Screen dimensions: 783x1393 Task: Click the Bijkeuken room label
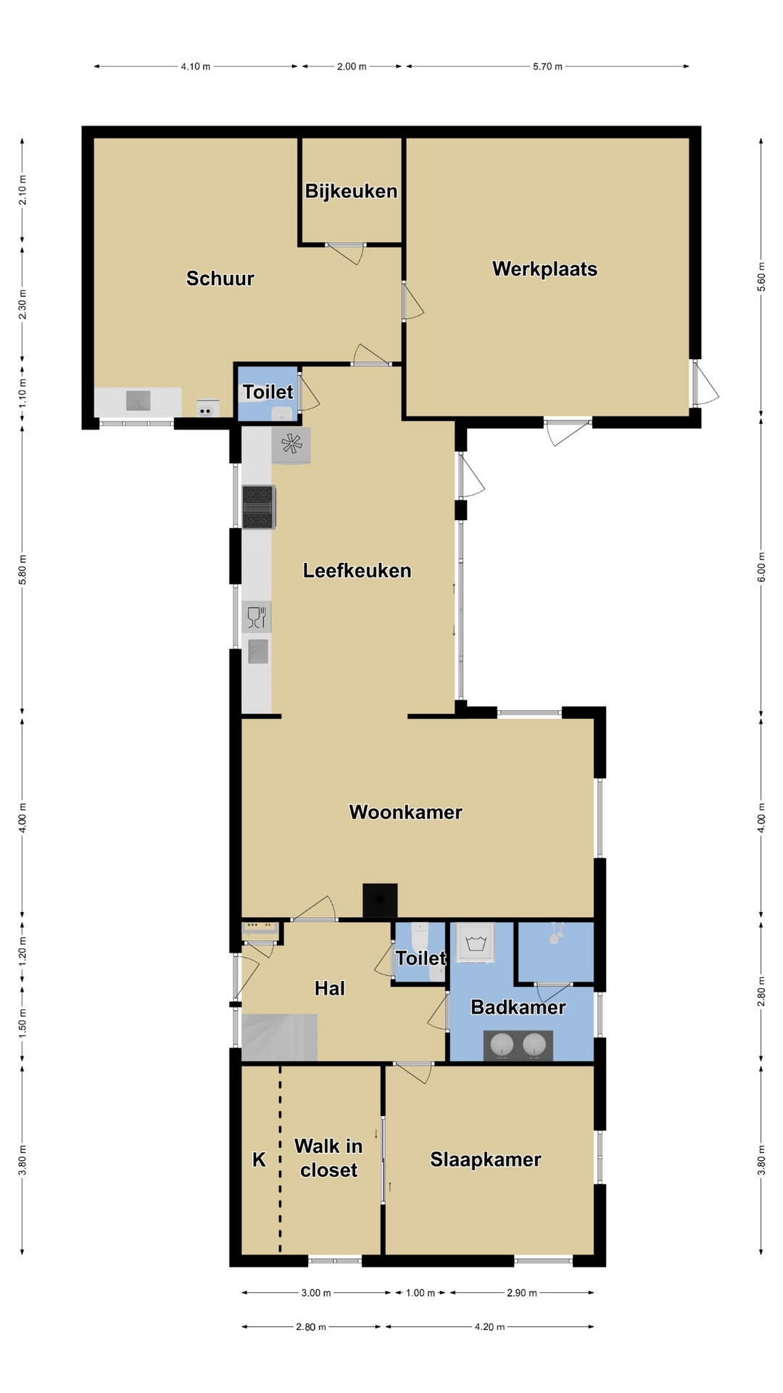point(351,192)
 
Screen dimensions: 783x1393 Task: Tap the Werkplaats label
point(545,269)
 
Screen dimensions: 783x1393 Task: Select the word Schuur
point(220,279)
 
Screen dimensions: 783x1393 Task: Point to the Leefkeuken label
point(357,571)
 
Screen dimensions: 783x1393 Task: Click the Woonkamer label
point(406,813)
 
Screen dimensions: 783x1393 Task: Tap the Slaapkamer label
point(486,1159)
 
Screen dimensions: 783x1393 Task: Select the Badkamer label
point(518,1007)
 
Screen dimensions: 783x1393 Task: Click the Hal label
point(330,988)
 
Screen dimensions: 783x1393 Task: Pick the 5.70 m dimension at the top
point(547,66)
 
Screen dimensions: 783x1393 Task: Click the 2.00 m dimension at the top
point(352,66)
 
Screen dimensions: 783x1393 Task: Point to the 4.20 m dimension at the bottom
point(489,1327)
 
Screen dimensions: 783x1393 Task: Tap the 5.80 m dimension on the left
point(22,570)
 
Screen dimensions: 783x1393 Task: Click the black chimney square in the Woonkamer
point(380,900)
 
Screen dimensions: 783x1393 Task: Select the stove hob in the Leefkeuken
point(258,506)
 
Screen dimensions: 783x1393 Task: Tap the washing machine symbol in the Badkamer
point(476,942)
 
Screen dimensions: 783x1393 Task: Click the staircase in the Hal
point(279,1037)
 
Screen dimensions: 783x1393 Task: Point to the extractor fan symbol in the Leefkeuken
point(291,445)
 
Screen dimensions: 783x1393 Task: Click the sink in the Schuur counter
point(138,400)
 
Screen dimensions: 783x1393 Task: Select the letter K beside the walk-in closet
point(259,1160)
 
